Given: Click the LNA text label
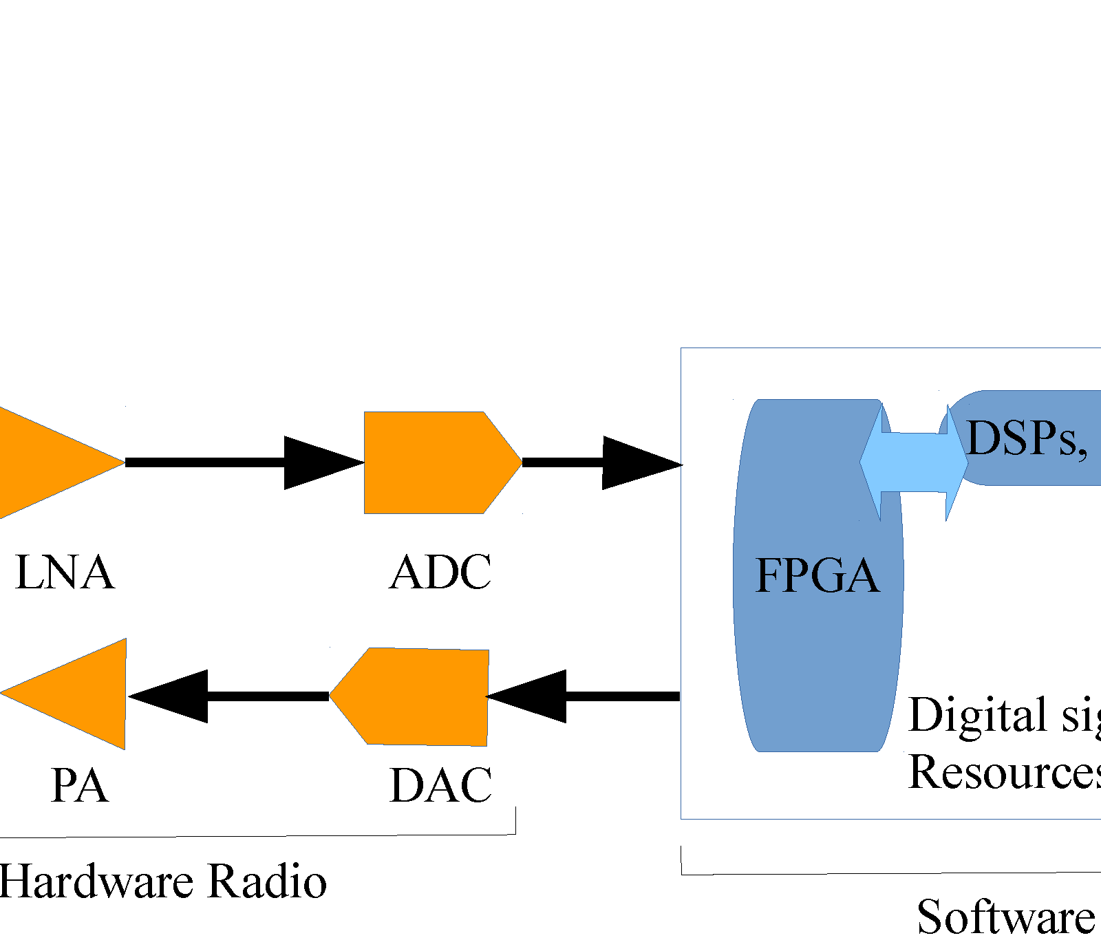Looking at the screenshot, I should coord(64,573).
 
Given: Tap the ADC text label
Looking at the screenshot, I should coord(440,573).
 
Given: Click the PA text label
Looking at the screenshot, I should coord(79,785).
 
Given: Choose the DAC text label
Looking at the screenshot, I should coord(440,785).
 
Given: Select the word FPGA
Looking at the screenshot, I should coord(817,575).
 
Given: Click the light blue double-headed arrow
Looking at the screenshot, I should coord(914,462).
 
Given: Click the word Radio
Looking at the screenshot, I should coord(267,881).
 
